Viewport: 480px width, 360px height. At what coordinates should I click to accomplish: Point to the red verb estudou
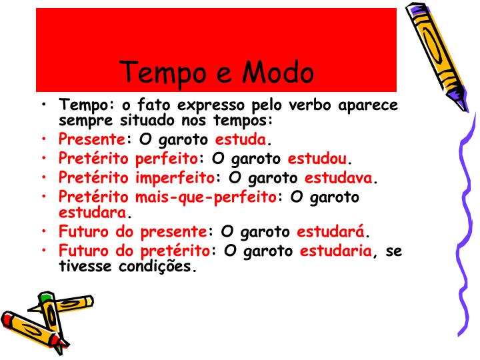(x=317, y=159)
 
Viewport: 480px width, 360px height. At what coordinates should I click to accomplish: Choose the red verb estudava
(x=339, y=178)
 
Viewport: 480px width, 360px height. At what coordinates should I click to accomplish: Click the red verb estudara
(x=92, y=213)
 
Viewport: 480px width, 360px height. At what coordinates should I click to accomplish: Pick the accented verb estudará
(x=330, y=232)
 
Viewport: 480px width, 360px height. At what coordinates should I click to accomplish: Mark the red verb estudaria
(x=335, y=251)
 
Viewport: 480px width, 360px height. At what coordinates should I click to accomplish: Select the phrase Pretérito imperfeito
(x=136, y=178)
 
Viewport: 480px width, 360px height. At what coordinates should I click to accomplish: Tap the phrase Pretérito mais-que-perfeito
(x=167, y=197)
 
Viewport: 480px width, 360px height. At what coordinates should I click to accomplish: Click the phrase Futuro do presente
(x=133, y=232)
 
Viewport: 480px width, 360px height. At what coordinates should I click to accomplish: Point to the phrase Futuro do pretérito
(x=134, y=251)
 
